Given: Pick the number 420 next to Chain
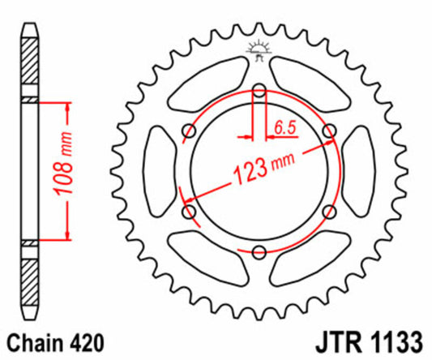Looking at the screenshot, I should (84, 341).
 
